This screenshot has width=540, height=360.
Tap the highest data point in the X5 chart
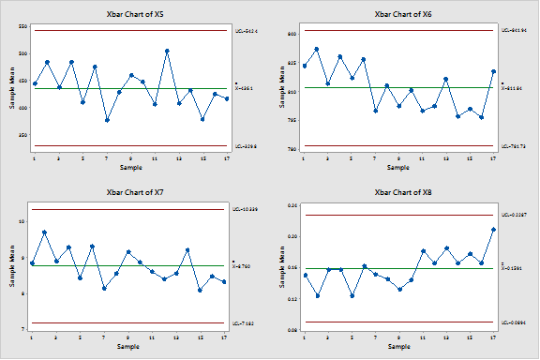(x=167, y=52)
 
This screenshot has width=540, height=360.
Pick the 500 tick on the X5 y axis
(x=23, y=108)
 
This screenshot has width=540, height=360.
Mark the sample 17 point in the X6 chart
(x=494, y=71)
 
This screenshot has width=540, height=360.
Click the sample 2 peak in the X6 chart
(x=316, y=49)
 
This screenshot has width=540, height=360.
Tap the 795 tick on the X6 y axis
(x=292, y=120)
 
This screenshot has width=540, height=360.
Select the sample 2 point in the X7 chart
(x=45, y=232)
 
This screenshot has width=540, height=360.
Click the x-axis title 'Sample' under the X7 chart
(x=129, y=346)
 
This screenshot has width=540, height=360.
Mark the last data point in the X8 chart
(x=494, y=230)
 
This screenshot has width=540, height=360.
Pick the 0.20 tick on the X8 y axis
(x=292, y=236)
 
